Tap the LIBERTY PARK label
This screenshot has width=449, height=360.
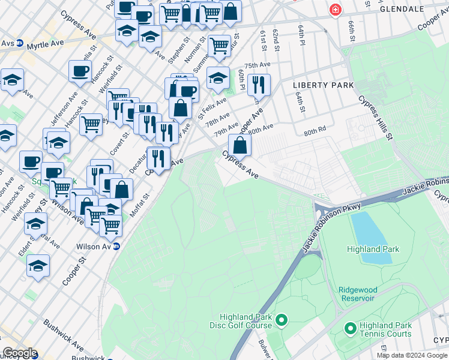click(323, 85)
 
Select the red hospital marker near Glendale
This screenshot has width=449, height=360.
click(335, 10)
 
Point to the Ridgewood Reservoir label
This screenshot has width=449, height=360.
click(357, 293)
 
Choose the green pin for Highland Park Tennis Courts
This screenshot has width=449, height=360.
click(350, 329)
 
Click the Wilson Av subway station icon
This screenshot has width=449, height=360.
click(116, 246)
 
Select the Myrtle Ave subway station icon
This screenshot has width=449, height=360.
click(20, 43)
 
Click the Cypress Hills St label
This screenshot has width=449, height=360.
click(375, 118)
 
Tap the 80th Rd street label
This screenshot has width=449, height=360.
click(315, 130)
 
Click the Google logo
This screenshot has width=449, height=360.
click(19, 353)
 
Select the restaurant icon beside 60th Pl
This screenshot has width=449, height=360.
click(259, 85)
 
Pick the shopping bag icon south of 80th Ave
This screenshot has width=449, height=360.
click(240, 146)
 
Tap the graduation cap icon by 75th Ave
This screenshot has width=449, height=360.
click(218, 77)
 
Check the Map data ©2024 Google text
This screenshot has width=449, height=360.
click(411, 355)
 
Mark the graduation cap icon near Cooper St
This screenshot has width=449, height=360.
click(38, 266)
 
